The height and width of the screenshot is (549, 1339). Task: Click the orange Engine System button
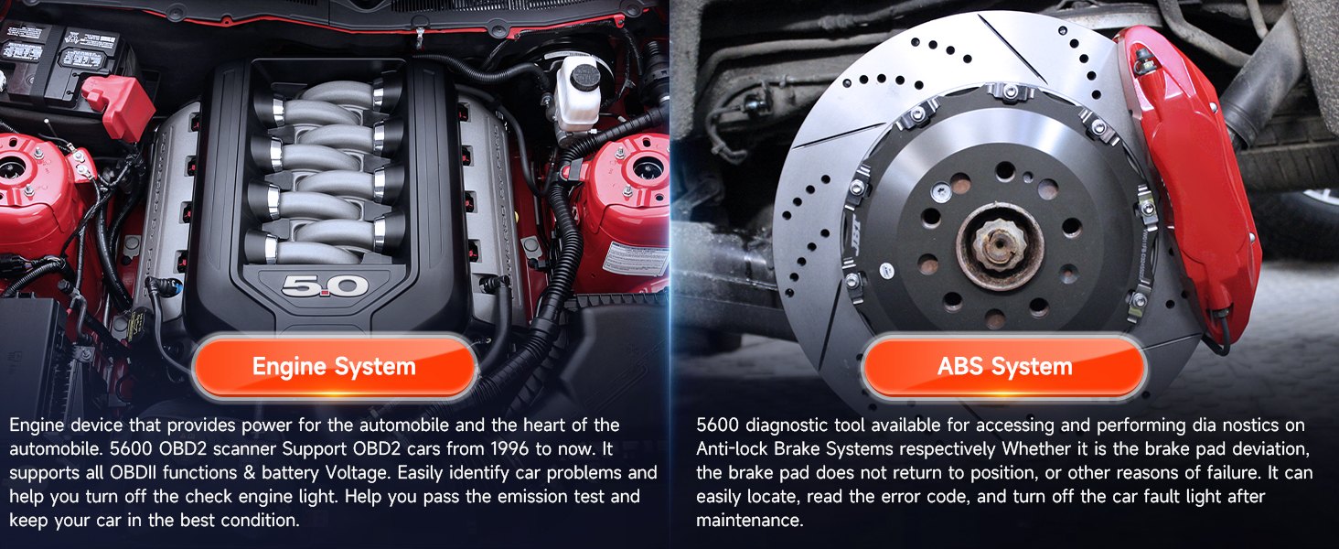pyautogui.click(x=334, y=367)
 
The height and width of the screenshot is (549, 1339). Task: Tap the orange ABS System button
pyautogui.click(x=1004, y=367)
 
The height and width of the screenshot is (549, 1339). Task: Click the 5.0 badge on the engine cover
pyautogui.click(x=326, y=286)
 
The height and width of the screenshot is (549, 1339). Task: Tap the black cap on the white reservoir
pyautogui.click(x=584, y=77)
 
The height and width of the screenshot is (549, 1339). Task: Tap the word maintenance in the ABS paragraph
pyautogui.click(x=750, y=521)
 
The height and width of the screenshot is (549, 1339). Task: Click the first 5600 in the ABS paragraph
pyautogui.click(x=717, y=425)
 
